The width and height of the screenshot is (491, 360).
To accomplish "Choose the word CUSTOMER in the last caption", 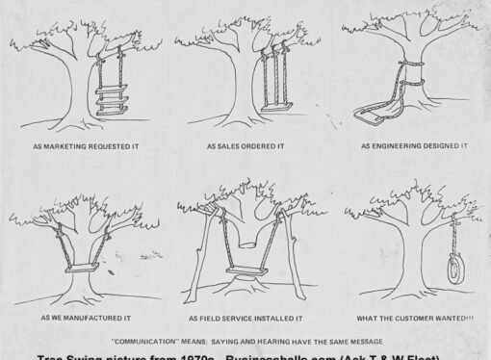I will (425, 317).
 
